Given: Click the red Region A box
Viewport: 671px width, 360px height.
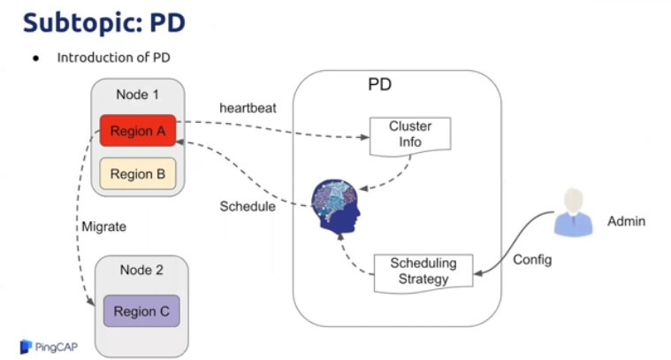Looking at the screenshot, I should point(138,131).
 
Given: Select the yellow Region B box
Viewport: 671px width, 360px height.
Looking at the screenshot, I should point(138,174).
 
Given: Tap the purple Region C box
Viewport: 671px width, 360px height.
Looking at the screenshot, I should point(141,310).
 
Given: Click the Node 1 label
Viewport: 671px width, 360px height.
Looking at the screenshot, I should point(138,95).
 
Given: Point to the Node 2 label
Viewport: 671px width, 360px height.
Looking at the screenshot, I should point(141,272).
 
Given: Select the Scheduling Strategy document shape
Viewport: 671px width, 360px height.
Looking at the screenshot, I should point(423,271).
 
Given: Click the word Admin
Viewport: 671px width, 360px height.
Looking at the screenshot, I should point(627,220).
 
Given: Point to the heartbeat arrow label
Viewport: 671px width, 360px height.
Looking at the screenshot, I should point(248,108).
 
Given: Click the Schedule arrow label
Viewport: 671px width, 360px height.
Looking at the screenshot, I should point(248,206).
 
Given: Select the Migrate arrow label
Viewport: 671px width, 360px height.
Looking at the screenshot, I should point(103,226).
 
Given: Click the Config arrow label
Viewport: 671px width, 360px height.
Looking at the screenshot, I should point(532,260).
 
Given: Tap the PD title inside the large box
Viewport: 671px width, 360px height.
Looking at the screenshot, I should point(379,86).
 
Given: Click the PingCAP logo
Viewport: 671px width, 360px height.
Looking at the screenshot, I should point(49,346).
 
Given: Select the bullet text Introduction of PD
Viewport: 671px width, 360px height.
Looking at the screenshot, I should point(113,57).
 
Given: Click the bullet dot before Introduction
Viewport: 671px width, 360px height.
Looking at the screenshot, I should point(36,58).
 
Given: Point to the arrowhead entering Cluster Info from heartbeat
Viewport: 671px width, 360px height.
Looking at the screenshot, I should point(365,137).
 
